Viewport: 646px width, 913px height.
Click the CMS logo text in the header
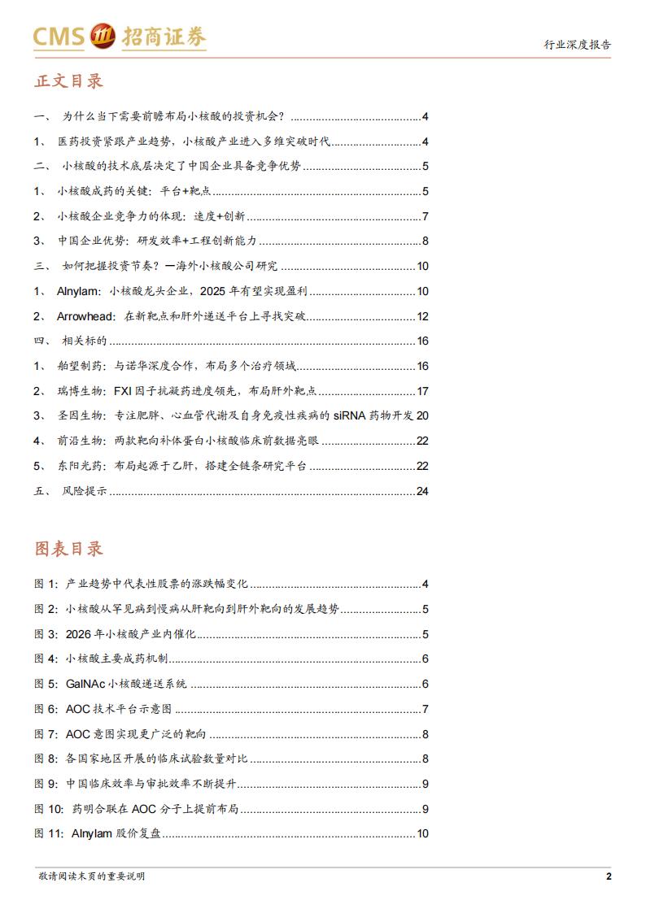point(59,37)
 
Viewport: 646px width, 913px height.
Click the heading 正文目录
point(68,82)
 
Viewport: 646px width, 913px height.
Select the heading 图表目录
point(68,549)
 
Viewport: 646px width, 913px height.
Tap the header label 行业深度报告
point(577,45)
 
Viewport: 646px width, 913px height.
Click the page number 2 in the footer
point(608,876)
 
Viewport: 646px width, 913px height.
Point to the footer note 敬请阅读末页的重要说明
point(91,876)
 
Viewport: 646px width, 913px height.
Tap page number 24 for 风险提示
point(421,490)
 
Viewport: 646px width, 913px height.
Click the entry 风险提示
point(85,490)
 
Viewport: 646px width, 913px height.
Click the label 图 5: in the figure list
point(46,684)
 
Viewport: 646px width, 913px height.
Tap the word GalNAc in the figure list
point(86,684)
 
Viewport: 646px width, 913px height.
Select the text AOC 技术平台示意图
point(119,709)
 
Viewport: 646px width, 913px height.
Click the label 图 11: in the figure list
point(50,833)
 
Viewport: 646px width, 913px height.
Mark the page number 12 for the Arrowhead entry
point(421,316)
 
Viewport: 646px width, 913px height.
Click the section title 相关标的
point(84,341)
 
